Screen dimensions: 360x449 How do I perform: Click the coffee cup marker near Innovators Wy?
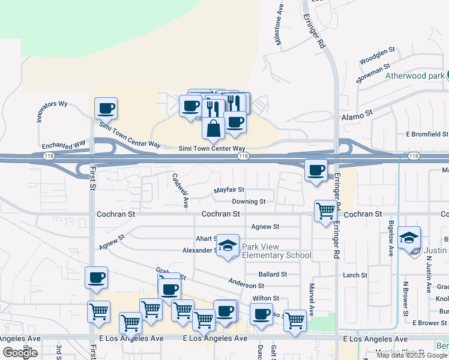pos(106,109)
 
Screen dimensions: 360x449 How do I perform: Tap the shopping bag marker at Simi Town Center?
pos(213,128)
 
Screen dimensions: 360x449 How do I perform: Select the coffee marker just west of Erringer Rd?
pos(316,170)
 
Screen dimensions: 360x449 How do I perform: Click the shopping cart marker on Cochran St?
pos(325,211)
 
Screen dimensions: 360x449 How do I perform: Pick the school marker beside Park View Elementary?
pos(228,245)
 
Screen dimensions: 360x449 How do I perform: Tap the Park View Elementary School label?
pos(276,251)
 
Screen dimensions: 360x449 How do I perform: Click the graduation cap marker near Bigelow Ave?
pos(409,238)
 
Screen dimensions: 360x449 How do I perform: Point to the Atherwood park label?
pos(414,76)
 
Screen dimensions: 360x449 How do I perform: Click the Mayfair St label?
pos(229,190)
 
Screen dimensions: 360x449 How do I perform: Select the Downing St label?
pos(249,202)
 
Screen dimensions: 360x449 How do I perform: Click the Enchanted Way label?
pos(64,146)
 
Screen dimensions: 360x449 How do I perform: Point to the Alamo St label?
pos(357,112)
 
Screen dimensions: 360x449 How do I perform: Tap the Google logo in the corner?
pos(20,353)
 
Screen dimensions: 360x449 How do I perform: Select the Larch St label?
pos(354,275)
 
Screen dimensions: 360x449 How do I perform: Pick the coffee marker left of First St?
pos(96,278)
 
